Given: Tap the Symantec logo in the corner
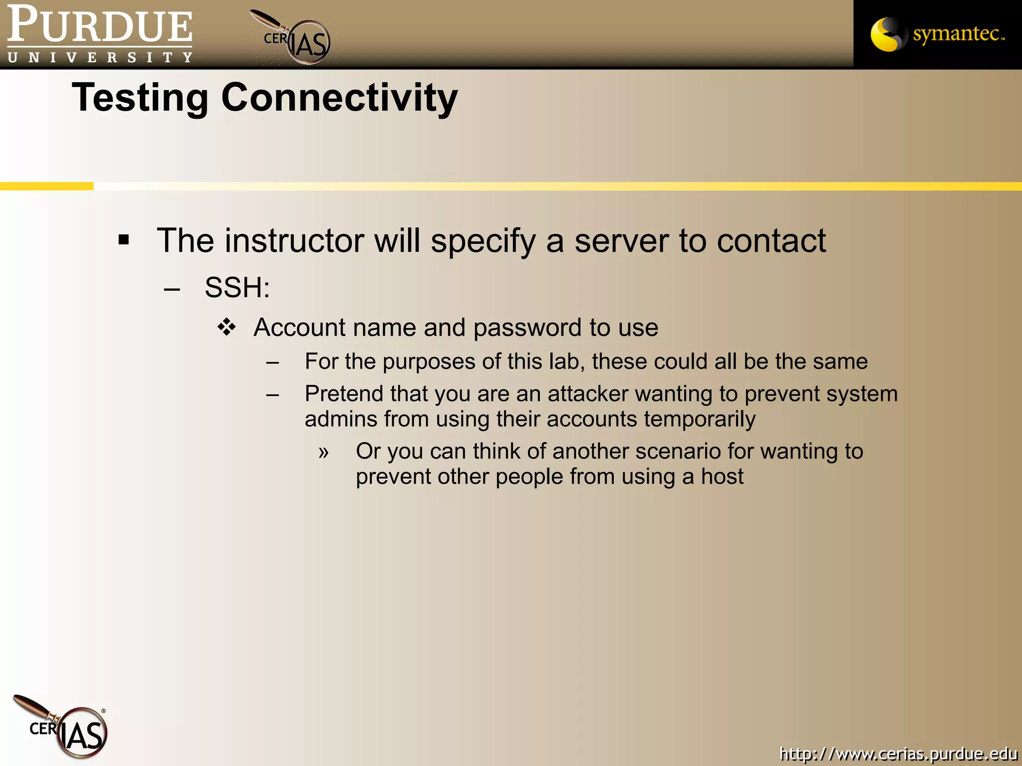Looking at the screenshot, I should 937,34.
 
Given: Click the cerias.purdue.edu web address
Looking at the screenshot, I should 898,753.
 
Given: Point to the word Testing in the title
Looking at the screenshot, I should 140,98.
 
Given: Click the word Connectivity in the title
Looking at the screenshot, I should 339,98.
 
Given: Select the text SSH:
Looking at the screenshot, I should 237,288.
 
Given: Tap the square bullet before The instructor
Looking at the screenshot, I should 124,240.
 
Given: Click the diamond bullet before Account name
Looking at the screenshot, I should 227,327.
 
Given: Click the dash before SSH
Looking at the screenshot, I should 172,289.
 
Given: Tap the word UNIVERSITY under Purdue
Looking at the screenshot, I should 100,57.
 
